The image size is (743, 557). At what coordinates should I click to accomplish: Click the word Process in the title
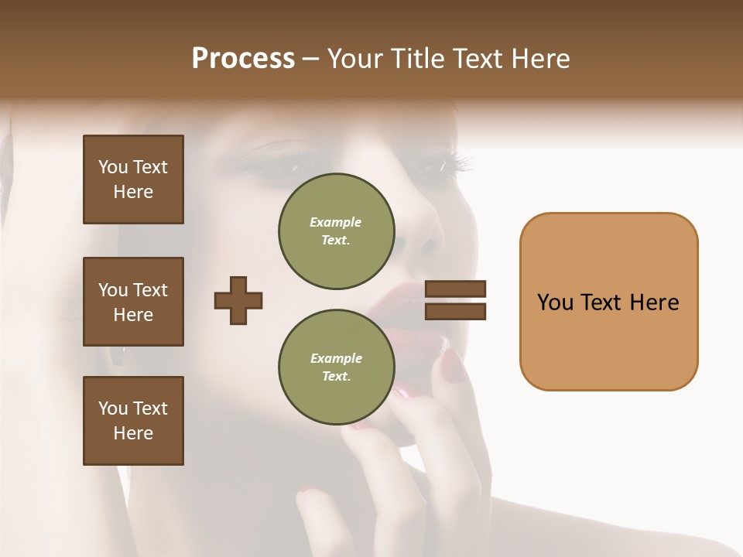[x=243, y=59]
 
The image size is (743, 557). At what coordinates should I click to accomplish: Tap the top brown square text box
[x=133, y=179]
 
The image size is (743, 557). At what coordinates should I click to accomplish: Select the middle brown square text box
[x=133, y=302]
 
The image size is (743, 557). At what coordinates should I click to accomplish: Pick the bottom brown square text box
[x=133, y=421]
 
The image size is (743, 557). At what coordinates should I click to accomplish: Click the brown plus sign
[x=238, y=300]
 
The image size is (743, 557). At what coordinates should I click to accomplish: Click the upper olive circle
[x=337, y=231]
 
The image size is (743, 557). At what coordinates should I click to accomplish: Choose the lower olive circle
[x=337, y=367]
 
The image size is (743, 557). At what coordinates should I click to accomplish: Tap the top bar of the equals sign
[x=455, y=289]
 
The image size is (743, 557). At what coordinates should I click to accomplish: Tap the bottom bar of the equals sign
[x=455, y=311]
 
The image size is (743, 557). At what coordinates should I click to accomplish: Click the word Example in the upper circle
[x=336, y=222]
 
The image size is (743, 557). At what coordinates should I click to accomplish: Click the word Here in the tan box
[x=654, y=302]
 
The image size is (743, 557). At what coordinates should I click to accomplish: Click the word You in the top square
[x=112, y=167]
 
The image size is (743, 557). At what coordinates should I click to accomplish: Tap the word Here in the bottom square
[x=133, y=433]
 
